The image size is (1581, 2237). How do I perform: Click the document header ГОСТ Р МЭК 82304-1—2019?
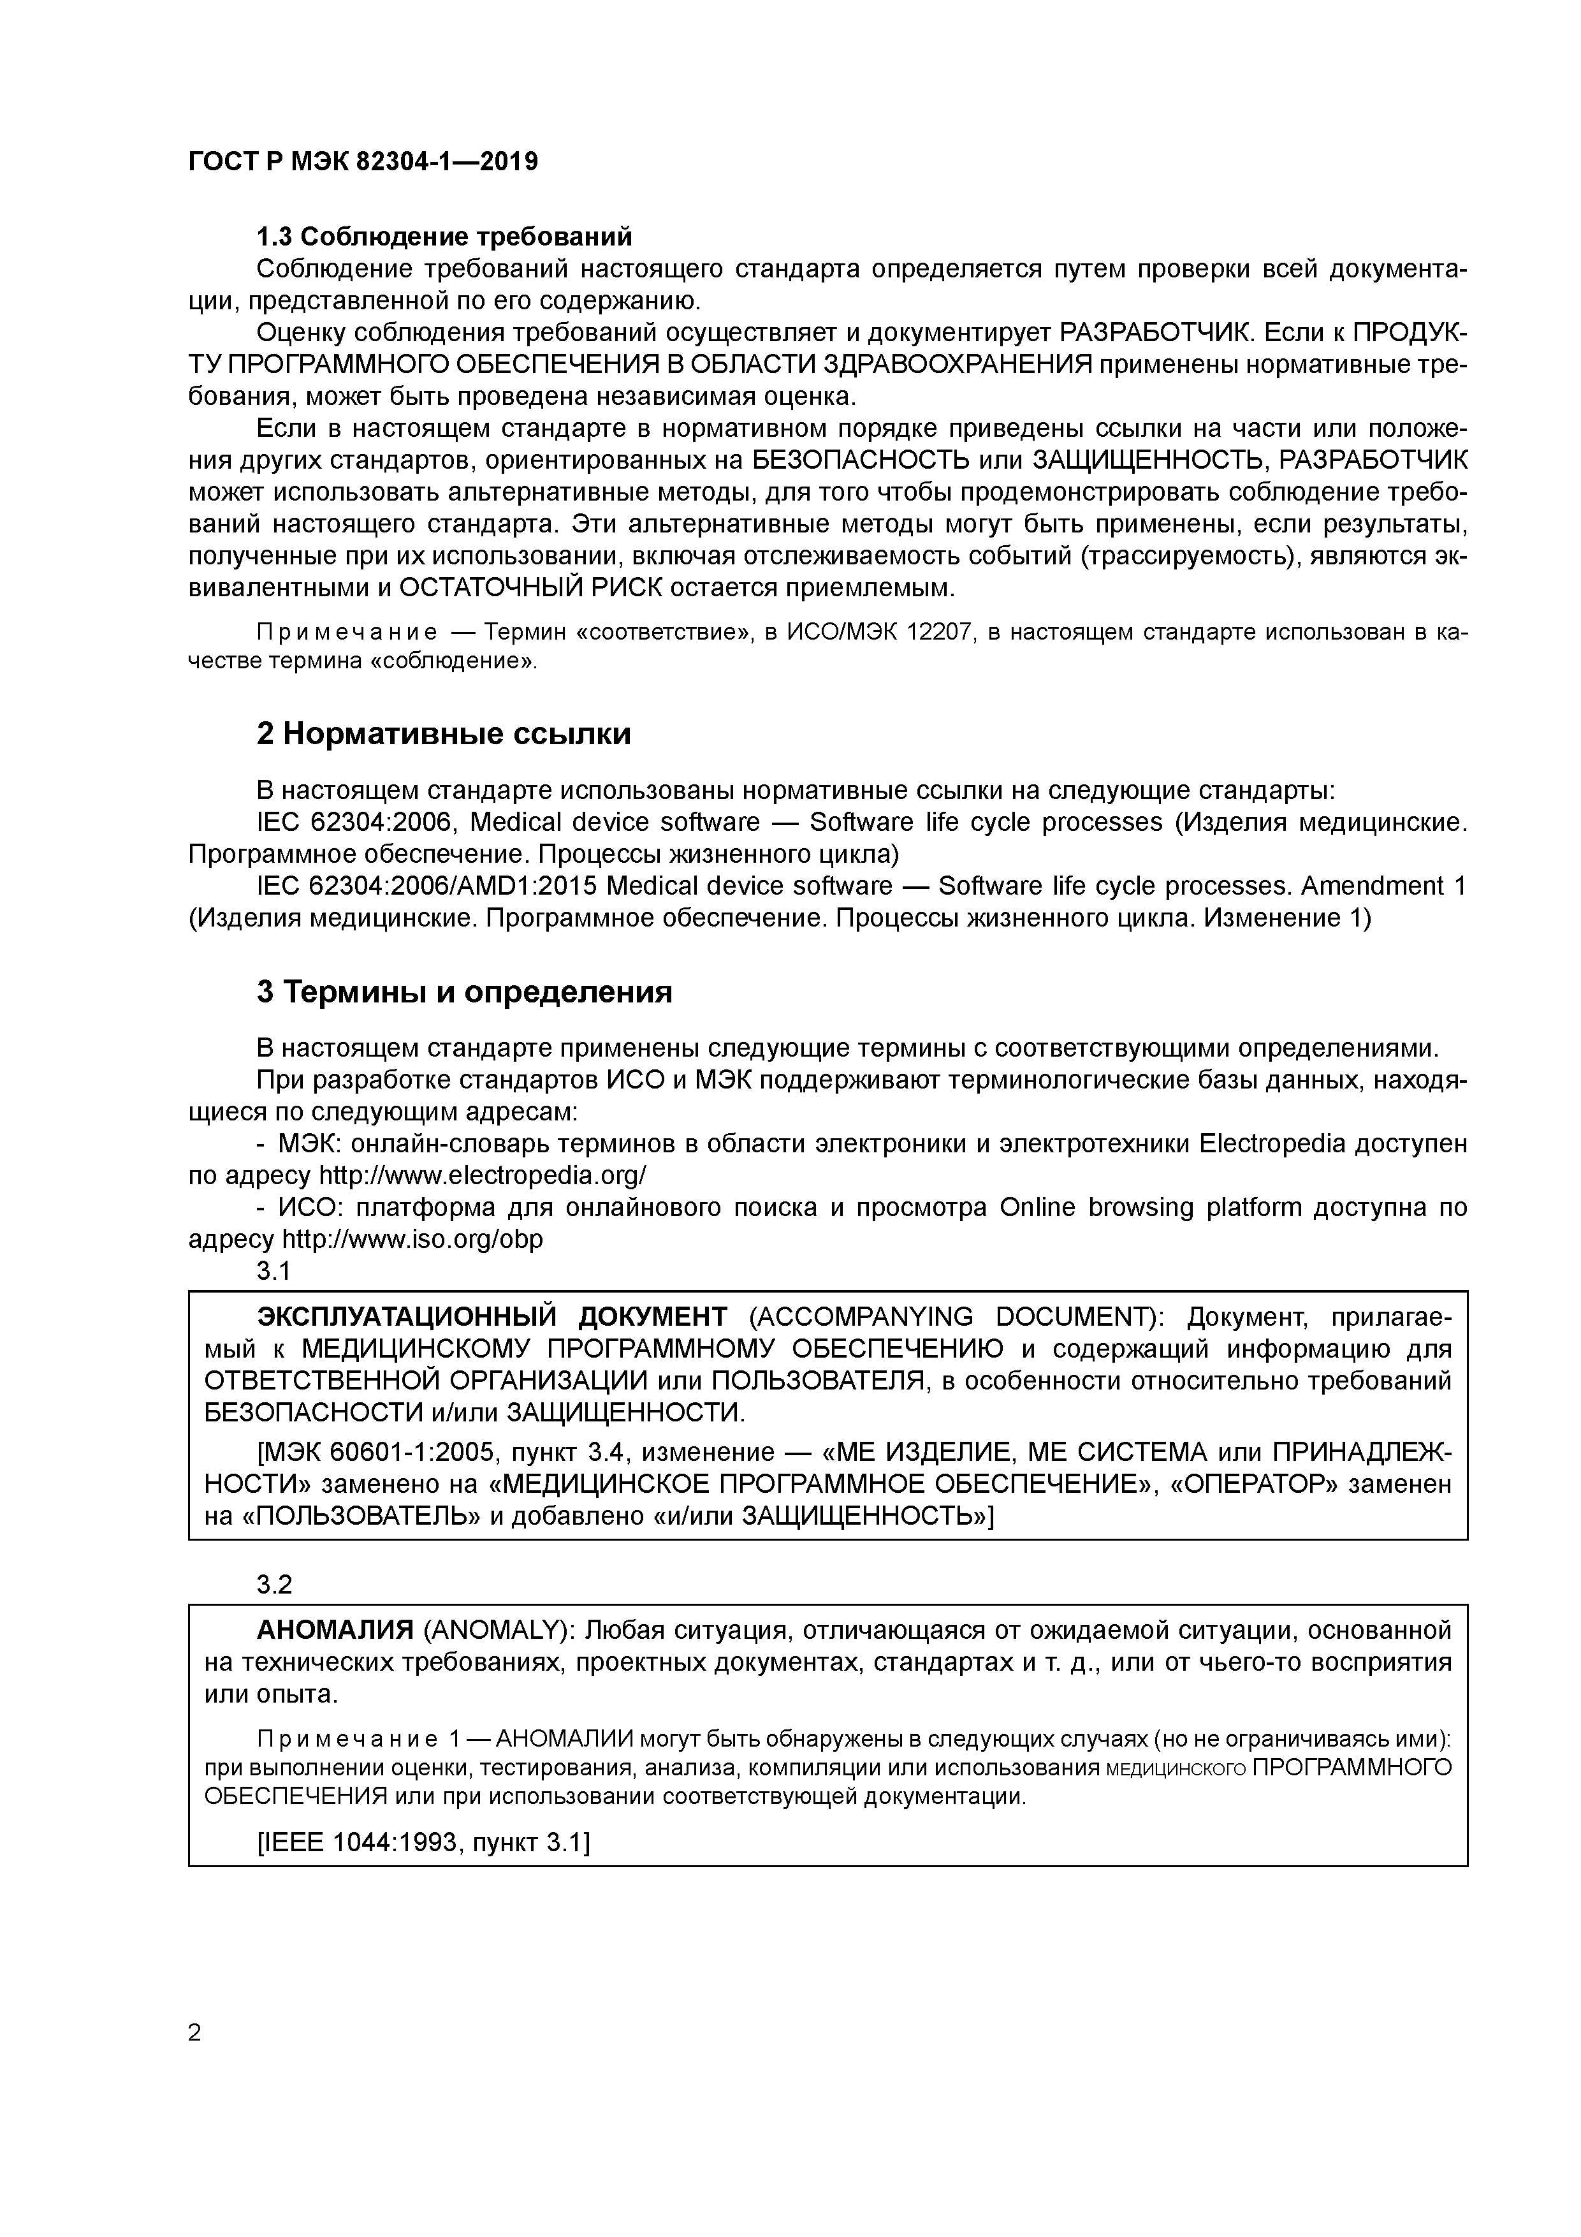(x=362, y=162)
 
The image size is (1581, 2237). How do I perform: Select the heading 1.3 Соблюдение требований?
(x=444, y=237)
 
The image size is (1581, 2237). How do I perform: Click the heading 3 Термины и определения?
(x=465, y=992)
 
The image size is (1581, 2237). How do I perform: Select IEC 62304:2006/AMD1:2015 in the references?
(x=426, y=886)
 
